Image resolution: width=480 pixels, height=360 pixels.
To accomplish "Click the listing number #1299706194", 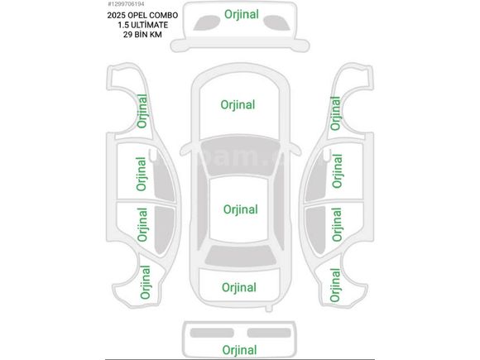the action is tap(126, 4).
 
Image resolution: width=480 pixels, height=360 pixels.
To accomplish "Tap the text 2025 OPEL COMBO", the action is tap(142, 15).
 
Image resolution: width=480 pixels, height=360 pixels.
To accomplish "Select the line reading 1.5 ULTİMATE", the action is tap(143, 25).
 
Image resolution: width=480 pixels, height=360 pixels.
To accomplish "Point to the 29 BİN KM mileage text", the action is tap(142, 35).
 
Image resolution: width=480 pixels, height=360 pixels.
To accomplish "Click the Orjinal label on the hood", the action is tap(238, 105).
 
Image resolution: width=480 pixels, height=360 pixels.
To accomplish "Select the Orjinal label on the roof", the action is tap(241, 209).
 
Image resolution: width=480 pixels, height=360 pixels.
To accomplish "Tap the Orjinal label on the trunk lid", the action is tap(239, 287).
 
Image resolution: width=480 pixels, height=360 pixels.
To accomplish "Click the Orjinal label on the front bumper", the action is tap(242, 14).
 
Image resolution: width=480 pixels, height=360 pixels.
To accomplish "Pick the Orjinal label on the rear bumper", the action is tap(239, 350).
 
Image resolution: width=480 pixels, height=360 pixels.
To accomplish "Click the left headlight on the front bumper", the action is tap(206, 22).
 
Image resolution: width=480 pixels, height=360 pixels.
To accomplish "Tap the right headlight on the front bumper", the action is tap(277, 22).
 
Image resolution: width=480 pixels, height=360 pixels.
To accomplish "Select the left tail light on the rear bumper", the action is tap(212, 333).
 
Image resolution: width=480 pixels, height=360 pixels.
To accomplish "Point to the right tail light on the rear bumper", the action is tap(269, 333).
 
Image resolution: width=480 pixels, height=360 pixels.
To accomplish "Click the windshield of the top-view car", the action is tap(240, 156).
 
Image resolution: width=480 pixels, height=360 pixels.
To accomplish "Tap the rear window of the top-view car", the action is tap(241, 256).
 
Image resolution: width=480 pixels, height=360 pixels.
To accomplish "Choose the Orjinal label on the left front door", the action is tap(142, 174).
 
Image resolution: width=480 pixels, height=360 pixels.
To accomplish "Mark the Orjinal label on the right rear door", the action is tap(337, 224).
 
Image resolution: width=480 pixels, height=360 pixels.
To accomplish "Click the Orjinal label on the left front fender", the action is tap(142, 111).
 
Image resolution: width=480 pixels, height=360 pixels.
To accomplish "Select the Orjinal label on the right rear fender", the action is tap(335, 285).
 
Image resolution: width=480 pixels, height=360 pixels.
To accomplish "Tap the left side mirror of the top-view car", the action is tap(185, 150).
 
